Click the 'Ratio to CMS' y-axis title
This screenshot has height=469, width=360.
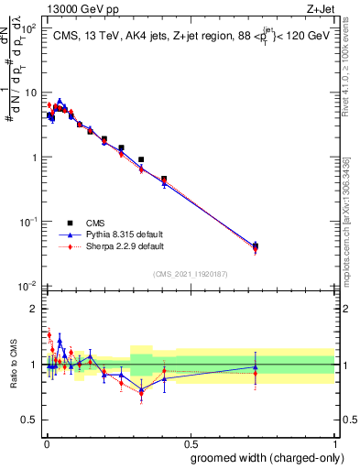point(11,365)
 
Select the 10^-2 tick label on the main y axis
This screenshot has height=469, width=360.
point(27,286)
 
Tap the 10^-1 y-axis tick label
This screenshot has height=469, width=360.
point(27,222)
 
